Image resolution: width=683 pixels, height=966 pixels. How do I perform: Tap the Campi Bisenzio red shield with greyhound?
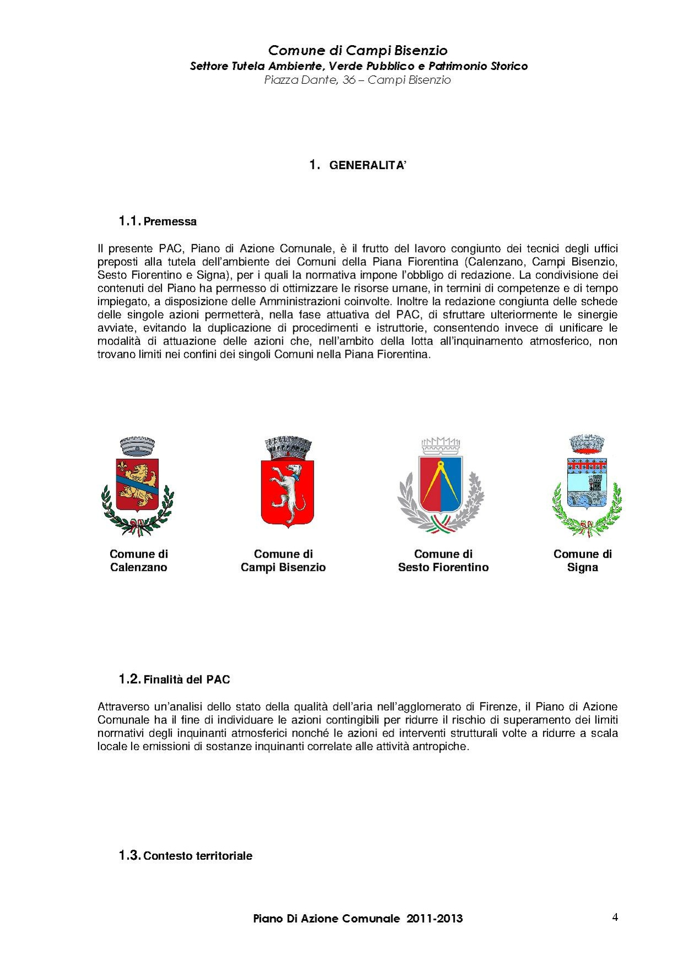287,493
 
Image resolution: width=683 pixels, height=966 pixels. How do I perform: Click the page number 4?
615,917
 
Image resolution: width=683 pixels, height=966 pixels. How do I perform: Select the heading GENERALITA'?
367,165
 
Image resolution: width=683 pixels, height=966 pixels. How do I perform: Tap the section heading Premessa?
170,222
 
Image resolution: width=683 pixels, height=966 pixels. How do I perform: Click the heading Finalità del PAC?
186,679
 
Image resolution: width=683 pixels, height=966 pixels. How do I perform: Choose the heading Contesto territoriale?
197,856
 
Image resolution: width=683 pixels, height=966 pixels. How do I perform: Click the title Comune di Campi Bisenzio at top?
358,51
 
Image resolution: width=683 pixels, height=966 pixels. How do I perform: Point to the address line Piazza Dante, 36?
357,80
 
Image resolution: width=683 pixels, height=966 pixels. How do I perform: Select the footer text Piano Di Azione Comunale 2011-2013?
358,919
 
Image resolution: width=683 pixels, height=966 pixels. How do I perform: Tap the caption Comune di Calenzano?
138,560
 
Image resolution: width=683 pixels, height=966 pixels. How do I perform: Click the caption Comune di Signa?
583,560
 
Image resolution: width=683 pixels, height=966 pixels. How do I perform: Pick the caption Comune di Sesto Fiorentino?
443,560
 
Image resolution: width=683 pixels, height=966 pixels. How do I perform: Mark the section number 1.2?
130,679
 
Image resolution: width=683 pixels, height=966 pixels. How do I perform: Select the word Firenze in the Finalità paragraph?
498,706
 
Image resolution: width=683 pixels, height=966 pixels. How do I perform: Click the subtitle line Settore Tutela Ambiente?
359,66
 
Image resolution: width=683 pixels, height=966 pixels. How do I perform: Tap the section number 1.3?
130,855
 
